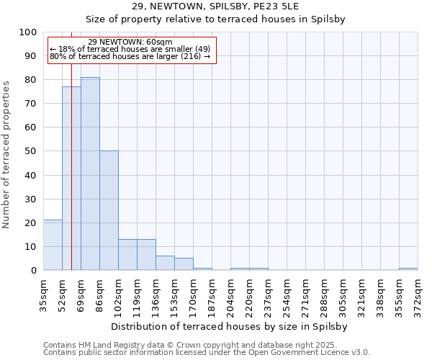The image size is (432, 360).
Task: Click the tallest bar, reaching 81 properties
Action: tap(90, 174)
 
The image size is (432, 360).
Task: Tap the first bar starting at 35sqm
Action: tap(53, 245)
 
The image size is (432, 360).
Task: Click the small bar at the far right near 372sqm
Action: tap(408, 269)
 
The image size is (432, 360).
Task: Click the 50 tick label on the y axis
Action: tap(32, 151)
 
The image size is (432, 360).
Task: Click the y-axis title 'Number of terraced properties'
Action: tap(6, 154)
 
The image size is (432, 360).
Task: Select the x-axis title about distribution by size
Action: tap(230, 326)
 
